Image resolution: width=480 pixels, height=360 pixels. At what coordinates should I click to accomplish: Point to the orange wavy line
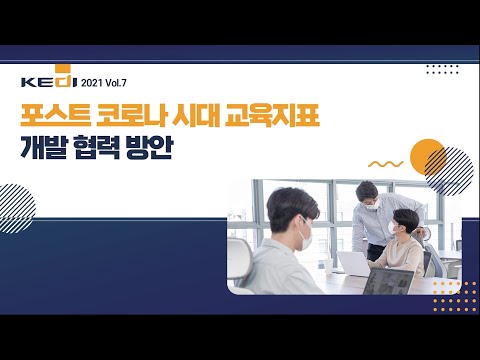pos(385,164)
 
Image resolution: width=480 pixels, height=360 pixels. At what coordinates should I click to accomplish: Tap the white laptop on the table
pos(354,262)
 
